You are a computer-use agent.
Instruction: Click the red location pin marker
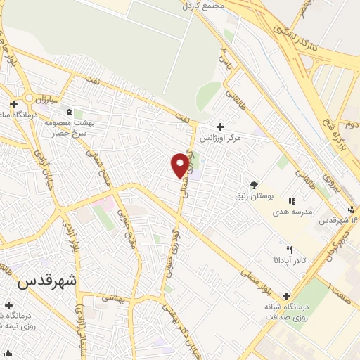click(x=181, y=165)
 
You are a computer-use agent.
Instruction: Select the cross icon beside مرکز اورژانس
click(x=221, y=127)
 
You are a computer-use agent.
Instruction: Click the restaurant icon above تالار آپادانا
click(x=289, y=250)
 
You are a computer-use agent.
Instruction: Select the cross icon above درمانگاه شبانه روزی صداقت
click(x=285, y=297)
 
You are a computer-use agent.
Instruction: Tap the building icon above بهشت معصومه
click(x=68, y=112)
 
